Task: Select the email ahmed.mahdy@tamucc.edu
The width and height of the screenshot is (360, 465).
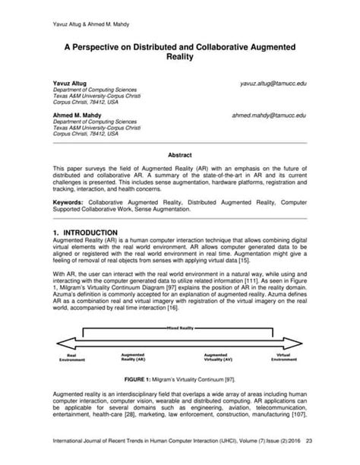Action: pyautogui.click(x=269, y=115)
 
